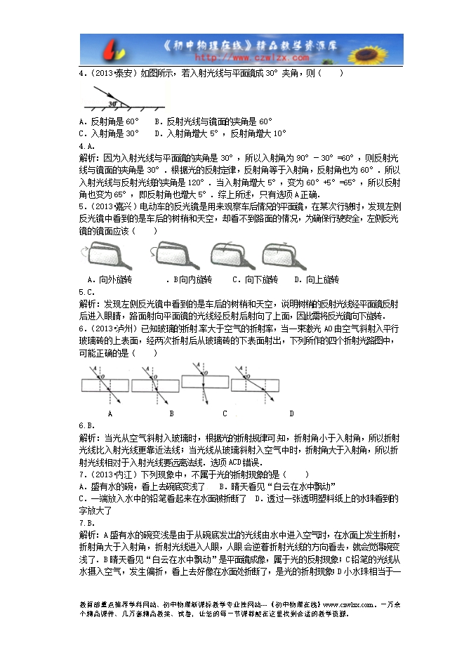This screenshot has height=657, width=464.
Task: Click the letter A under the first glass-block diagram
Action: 111,413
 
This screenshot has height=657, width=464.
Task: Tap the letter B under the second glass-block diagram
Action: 171,413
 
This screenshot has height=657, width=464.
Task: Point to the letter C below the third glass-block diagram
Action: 225,413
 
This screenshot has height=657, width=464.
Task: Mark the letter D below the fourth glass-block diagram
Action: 291,413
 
